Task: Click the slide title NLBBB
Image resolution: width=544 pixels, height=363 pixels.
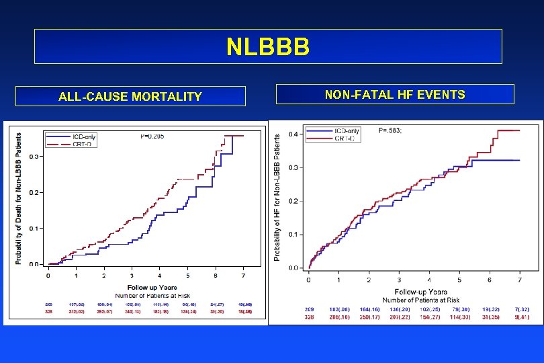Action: click(x=268, y=46)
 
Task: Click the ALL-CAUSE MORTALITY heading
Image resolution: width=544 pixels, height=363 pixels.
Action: click(x=130, y=96)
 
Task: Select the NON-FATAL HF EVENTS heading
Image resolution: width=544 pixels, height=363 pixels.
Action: click(x=395, y=95)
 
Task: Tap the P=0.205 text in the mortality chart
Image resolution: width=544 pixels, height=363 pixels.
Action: click(x=152, y=136)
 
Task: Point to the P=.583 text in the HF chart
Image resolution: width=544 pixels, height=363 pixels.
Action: click(x=390, y=130)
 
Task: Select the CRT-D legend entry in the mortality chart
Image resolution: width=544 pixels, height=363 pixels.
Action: click(x=82, y=143)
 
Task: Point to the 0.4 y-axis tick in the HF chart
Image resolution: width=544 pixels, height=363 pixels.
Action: click(x=294, y=134)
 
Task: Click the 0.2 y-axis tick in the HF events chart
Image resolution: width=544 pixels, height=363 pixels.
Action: click(x=294, y=202)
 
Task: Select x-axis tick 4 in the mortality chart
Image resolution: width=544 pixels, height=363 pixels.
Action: click(x=160, y=276)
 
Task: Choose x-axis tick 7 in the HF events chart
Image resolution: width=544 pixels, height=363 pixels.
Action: click(x=519, y=280)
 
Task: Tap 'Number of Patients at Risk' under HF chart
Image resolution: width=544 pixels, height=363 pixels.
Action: click(x=421, y=299)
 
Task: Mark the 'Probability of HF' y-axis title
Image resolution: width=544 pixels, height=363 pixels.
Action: click(x=277, y=196)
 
